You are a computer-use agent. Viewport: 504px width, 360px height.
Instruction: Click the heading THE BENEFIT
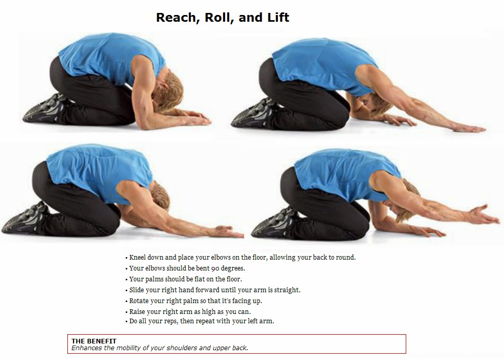pos(94,341)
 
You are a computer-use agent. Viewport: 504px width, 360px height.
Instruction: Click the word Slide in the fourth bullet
pos(136,290)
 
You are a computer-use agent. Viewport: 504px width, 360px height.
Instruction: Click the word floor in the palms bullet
pos(233,279)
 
